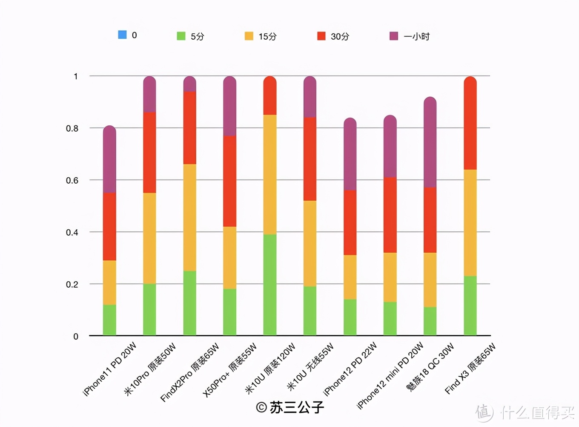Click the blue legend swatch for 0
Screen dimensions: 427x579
point(122,35)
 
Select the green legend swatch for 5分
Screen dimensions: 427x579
point(181,36)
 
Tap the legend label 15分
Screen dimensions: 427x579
point(267,37)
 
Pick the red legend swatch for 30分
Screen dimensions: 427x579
point(321,36)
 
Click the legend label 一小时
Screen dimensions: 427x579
point(416,37)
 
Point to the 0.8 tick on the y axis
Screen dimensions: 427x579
point(72,128)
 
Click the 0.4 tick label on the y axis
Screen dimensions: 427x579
point(72,232)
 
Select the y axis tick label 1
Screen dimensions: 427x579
point(76,76)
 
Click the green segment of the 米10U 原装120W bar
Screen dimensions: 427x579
point(270,285)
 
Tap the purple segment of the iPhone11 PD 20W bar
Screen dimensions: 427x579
point(109,160)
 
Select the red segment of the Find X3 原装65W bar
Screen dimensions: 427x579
point(470,124)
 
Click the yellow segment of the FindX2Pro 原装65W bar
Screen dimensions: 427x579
point(190,217)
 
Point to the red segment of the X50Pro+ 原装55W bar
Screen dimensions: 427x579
point(230,181)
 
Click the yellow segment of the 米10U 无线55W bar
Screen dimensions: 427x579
point(310,243)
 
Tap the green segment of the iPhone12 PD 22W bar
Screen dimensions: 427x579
point(350,317)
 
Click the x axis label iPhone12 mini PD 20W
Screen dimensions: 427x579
point(390,375)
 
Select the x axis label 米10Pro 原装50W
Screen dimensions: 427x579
point(150,369)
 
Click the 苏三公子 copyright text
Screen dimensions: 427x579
point(290,407)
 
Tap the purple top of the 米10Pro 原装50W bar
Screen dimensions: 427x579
point(149,95)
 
